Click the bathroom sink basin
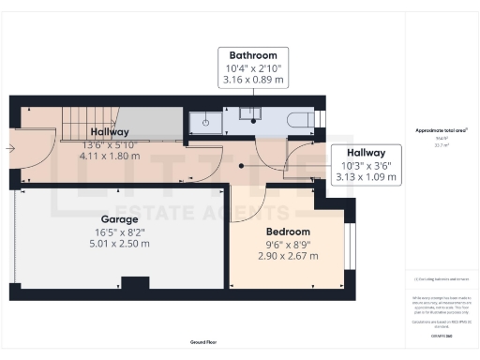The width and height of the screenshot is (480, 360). click(x=250, y=114)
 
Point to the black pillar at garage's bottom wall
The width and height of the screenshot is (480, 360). click(x=136, y=283)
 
